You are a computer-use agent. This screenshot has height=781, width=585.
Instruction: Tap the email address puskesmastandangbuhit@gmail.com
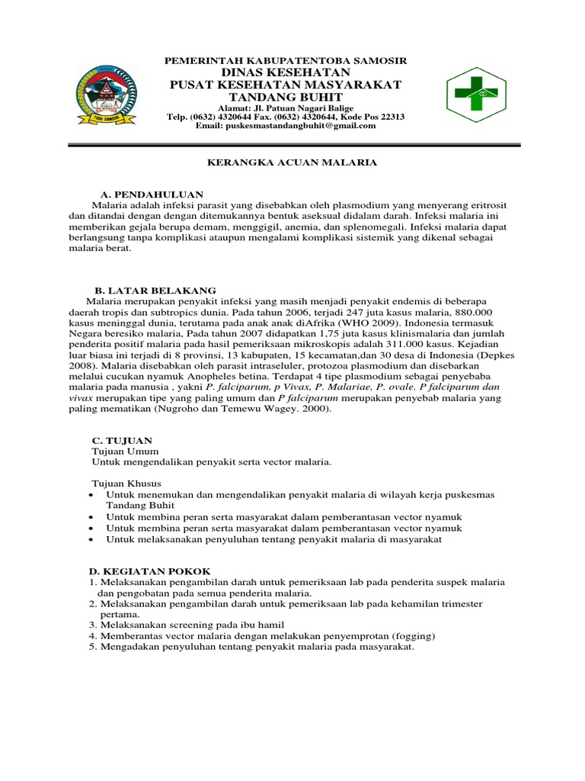286,127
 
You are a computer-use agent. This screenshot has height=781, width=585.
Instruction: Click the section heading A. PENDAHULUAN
152,194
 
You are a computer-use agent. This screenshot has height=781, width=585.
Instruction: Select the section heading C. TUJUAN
122,440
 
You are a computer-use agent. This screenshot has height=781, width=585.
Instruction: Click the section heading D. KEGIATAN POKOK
145,571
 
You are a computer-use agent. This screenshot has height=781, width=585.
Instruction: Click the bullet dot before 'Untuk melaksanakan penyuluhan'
91,539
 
